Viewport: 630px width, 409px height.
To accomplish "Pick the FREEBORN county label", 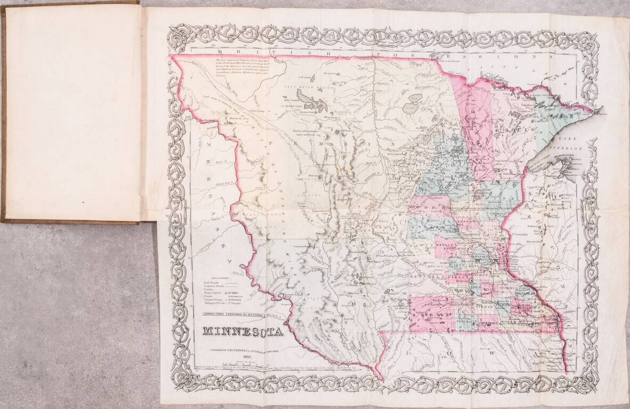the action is [488, 322].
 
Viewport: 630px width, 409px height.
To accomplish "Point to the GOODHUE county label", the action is [516, 288].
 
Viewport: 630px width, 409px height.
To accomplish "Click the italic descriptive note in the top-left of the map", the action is [248, 69].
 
